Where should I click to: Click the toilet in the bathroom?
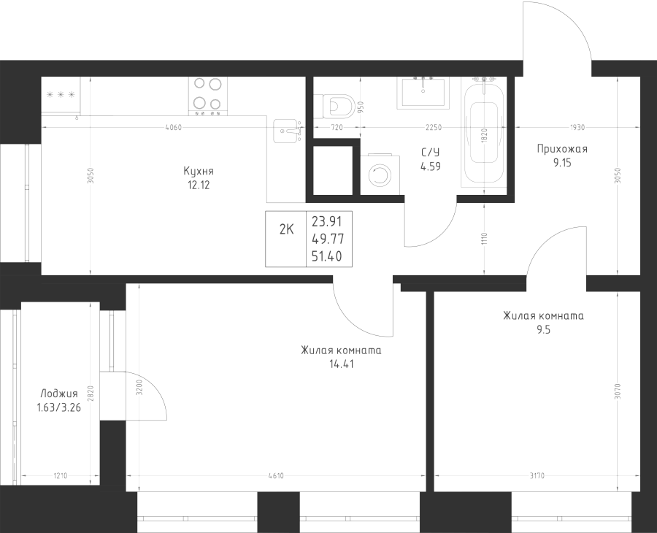point(338,105)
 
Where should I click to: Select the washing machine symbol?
point(380,175)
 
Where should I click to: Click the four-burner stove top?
point(207,96)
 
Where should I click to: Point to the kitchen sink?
point(288,131)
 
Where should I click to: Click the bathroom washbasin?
point(424,91)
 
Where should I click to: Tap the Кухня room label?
point(199,171)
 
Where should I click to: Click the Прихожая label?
point(561,149)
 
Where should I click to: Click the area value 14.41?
point(341,364)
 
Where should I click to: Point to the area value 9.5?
point(543,329)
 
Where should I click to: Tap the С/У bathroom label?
point(430,152)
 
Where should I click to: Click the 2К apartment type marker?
point(287,229)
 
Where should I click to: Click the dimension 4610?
point(275,477)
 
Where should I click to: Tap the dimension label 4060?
point(173,128)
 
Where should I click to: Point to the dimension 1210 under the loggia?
point(61,477)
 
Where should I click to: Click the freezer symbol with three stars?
point(61,95)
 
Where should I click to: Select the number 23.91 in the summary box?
point(327,220)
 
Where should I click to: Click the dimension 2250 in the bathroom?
point(434,128)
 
